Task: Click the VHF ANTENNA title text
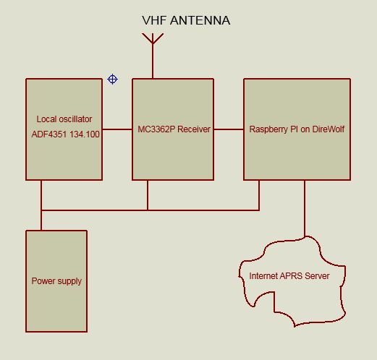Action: click(186, 20)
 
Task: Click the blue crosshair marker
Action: click(112, 79)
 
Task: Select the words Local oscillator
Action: click(64, 119)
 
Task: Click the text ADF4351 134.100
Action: click(65, 134)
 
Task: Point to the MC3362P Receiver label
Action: click(174, 129)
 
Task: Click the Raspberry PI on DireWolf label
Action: click(297, 129)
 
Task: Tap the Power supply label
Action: click(56, 281)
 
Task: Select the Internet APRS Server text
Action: click(289, 276)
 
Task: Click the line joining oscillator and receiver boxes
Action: click(117, 129)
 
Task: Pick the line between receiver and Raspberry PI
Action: click(229, 129)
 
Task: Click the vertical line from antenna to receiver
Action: click(153, 61)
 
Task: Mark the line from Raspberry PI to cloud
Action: click(305, 208)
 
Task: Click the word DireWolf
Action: click(329, 129)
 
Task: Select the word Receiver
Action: click(194, 129)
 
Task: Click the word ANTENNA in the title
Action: click(200, 20)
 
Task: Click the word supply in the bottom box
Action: click(69, 281)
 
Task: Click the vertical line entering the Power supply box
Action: click(41, 220)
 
